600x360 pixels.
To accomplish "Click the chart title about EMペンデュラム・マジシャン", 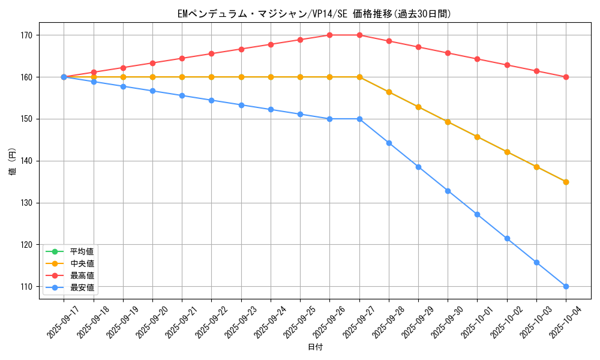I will pos(314,13).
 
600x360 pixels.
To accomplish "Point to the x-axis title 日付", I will pos(315,347).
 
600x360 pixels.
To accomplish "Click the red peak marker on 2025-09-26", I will pos(329,35).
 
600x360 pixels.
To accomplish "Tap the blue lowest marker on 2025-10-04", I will pos(566,286).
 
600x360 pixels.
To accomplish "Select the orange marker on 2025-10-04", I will pos(566,182).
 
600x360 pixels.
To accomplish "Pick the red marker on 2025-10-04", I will pos(566,77).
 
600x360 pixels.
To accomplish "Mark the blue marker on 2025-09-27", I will pos(359,119).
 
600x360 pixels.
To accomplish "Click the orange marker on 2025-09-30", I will pos(448,122).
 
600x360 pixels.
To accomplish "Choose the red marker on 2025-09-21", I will pos(182,58).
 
